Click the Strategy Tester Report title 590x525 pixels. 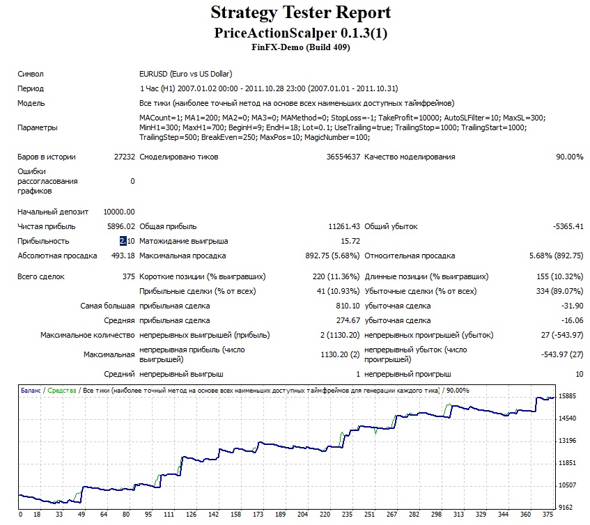301,13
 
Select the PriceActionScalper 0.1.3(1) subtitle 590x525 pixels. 301,33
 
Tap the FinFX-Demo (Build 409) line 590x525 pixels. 301,47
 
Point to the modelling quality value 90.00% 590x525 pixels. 570,157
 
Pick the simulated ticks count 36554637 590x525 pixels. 343,157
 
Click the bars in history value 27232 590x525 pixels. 124,157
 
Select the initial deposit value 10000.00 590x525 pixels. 119,212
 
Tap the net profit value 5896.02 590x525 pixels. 121,226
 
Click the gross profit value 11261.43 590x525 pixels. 344,226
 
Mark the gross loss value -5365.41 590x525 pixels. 568,226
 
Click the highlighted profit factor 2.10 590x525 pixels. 127,241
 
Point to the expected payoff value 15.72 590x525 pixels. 350,241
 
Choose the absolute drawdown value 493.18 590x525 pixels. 123,256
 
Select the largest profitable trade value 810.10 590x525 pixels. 348,306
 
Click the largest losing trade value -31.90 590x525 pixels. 572,306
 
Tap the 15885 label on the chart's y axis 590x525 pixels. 567,396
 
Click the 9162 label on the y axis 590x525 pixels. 566,508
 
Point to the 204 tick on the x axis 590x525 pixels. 302,515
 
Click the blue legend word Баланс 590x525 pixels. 31,391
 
